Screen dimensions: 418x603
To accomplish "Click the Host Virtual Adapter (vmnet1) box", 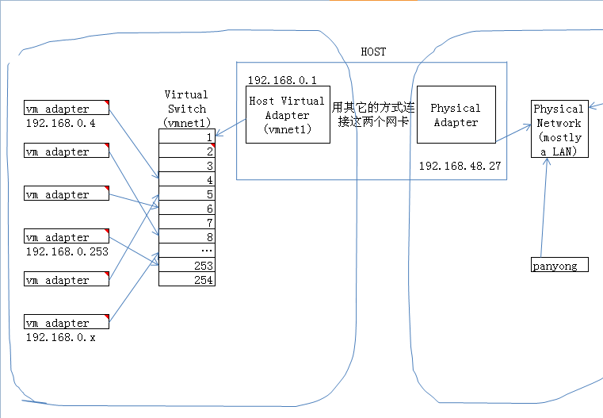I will point(287,115).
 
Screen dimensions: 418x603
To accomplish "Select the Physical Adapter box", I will point(455,115).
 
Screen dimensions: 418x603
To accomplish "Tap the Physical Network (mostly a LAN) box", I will point(559,129).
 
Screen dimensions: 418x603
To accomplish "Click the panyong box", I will point(559,265).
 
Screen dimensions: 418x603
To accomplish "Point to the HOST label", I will point(373,52).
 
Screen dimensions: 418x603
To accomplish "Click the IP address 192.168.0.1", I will point(282,80).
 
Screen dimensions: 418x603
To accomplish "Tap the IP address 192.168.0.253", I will point(67,251).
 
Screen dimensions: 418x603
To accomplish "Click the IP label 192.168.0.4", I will point(60,123).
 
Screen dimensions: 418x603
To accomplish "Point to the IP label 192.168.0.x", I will point(60,337).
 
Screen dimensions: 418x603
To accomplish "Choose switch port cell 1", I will point(187,136).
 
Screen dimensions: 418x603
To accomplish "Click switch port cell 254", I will point(187,279).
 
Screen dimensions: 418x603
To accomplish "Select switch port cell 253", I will point(187,266).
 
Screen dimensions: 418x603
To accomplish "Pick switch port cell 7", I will point(187,222).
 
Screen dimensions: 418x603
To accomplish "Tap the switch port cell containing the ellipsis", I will point(187,251).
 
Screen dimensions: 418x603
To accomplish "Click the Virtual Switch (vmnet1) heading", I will point(186,109).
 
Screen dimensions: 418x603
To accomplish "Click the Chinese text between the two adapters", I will point(372,115).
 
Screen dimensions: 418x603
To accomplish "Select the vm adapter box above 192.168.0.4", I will point(66,108).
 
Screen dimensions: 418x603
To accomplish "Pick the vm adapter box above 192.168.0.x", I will point(66,322).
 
